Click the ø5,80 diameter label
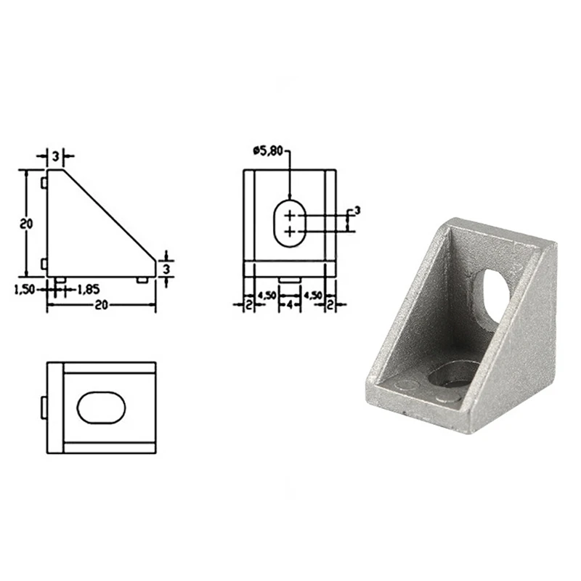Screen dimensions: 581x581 267,151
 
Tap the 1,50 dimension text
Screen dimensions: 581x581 23,289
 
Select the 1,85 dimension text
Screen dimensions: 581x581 88,289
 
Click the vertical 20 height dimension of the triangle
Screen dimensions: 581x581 27,224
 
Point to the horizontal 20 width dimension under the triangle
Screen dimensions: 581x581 101,305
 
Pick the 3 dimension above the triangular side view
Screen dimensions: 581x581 55,157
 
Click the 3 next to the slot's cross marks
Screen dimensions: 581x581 357,211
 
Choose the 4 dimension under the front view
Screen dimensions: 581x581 290,305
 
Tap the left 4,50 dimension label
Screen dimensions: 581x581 267,296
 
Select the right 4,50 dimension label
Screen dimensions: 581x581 312,296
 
